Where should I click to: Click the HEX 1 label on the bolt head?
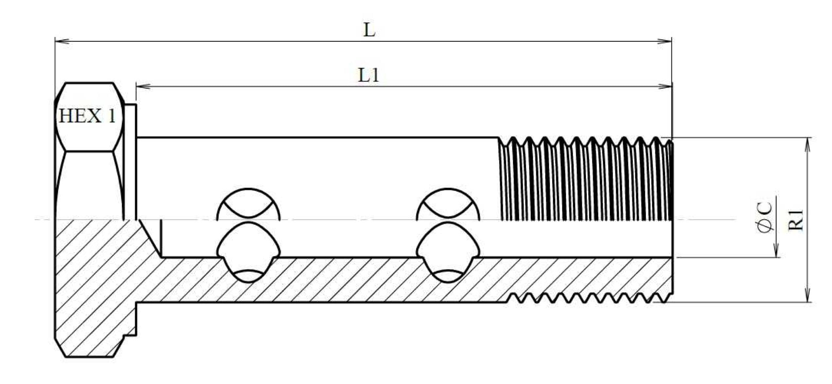[x=87, y=116]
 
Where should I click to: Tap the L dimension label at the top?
[x=369, y=30]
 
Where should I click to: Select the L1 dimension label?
[x=369, y=75]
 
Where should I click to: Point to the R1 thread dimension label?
[x=796, y=220]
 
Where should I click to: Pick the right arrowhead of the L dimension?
[x=665, y=41]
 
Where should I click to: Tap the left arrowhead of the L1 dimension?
[x=143, y=86]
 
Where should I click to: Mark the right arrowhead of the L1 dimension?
[x=665, y=86]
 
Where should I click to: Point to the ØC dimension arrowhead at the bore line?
[x=775, y=250]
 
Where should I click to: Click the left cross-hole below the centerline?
[x=249, y=252]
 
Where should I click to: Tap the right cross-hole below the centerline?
[x=448, y=252]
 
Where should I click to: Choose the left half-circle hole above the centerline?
[x=249, y=204]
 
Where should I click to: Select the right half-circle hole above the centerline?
[x=448, y=204]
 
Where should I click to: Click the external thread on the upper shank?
[x=586, y=178]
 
